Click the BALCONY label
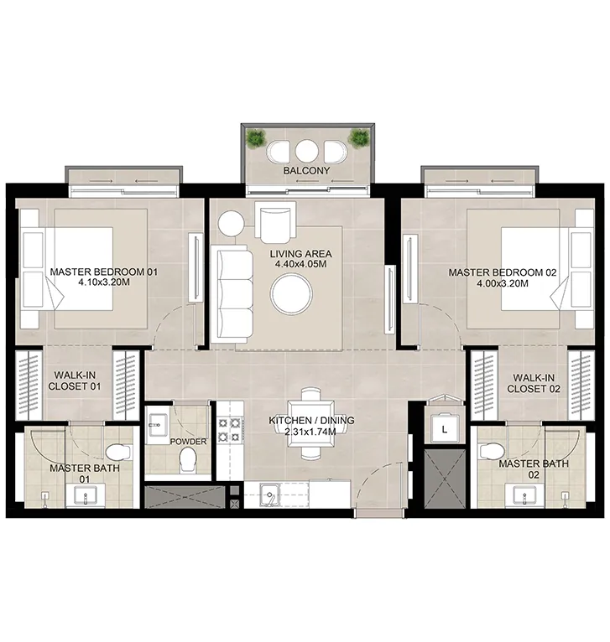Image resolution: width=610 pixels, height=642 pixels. point(306,171)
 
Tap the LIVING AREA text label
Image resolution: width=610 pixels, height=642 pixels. point(300,253)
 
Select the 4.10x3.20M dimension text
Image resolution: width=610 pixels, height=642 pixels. point(103,283)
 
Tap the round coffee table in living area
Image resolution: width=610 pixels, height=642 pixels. point(291,294)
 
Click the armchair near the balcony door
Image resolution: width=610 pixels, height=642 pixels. point(276,224)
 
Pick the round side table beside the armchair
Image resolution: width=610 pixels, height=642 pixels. point(231,225)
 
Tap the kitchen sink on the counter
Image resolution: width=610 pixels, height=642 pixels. point(269,495)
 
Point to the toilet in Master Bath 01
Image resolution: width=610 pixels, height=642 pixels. point(119,450)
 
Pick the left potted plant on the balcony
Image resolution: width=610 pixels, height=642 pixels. point(255,138)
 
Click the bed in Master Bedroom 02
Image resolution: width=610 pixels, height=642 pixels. point(524,267)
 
